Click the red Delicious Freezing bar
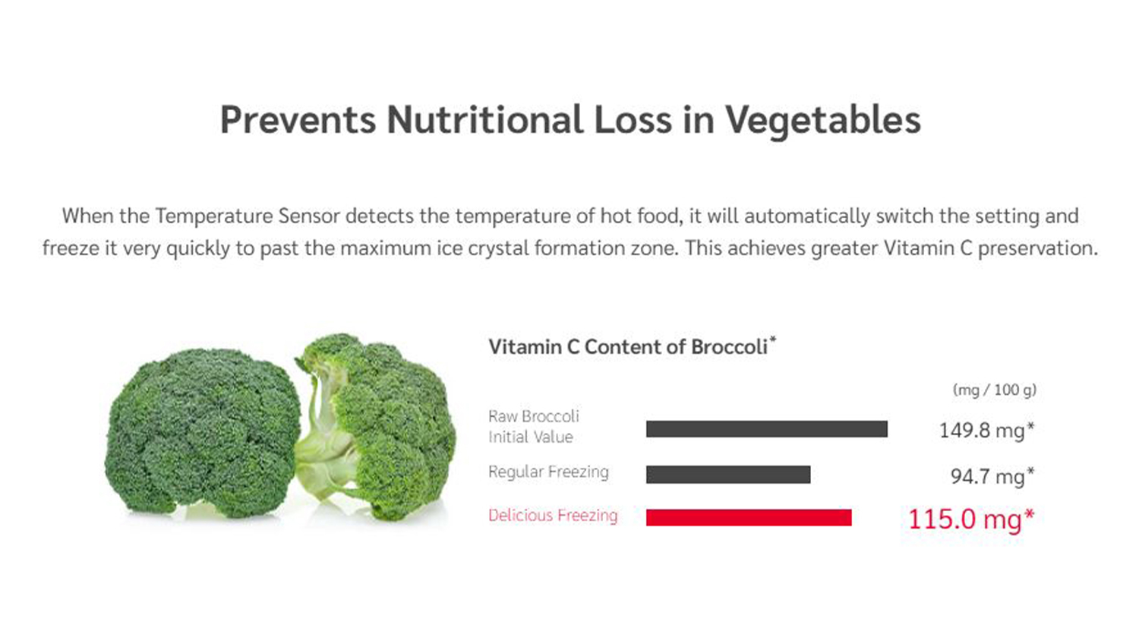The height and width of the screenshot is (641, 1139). click(x=749, y=517)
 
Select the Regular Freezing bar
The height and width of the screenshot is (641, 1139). click(x=728, y=474)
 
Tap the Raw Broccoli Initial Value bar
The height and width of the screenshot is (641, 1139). click(x=767, y=429)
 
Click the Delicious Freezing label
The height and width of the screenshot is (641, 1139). click(x=553, y=516)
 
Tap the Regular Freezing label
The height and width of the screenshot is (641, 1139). click(x=548, y=472)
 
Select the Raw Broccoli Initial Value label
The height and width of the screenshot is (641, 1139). click(x=533, y=426)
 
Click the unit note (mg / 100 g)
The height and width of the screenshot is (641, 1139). click(x=994, y=390)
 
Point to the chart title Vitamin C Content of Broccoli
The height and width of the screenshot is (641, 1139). click(x=628, y=347)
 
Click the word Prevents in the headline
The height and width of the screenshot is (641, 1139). click(x=298, y=120)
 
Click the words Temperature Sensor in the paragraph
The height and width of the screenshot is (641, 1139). click(x=248, y=216)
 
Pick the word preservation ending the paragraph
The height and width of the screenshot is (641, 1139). click(x=1038, y=249)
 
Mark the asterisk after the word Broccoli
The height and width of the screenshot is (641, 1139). click(x=772, y=339)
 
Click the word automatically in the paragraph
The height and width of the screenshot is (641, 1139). click(x=807, y=216)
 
